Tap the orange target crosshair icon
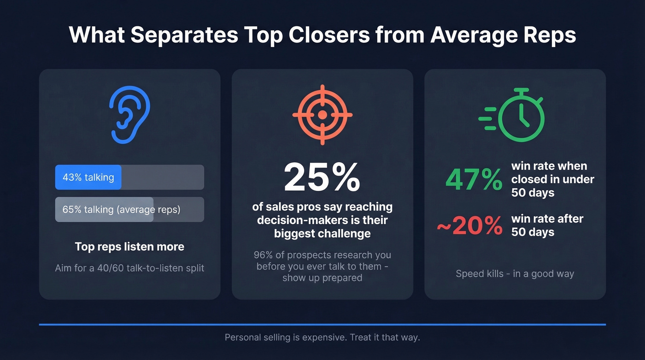point(322,114)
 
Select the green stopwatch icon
point(522,115)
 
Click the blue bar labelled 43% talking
point(88,177)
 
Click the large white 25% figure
point(322,177)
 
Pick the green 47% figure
point(474,179)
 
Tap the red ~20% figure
point(469,225)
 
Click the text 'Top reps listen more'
point(129,247)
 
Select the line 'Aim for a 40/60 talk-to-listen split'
point(129,268)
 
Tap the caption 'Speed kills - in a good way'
point(515,274)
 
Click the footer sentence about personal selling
point(322,337)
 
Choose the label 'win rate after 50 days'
point(547,225)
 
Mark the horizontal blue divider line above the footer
point(322,325)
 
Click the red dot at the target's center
point(322,114)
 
